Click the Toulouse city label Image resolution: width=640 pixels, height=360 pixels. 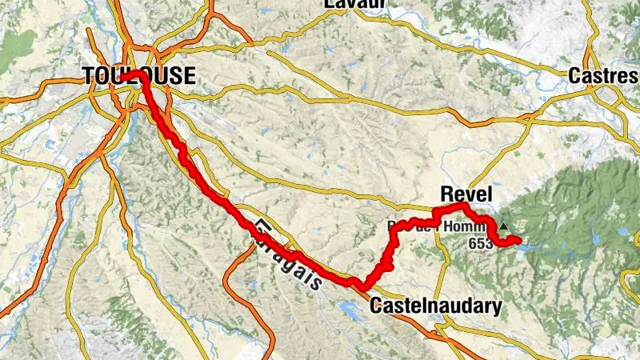point(139,77)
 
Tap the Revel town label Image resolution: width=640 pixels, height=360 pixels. point(466,194)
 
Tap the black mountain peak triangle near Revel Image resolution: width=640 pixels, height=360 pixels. point(503,226)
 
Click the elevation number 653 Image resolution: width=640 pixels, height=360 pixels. point(481,243)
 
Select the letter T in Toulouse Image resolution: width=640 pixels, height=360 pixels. point(88,77)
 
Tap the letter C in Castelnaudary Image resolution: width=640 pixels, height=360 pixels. point(375,306)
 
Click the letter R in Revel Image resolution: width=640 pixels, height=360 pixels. point(446,194)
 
